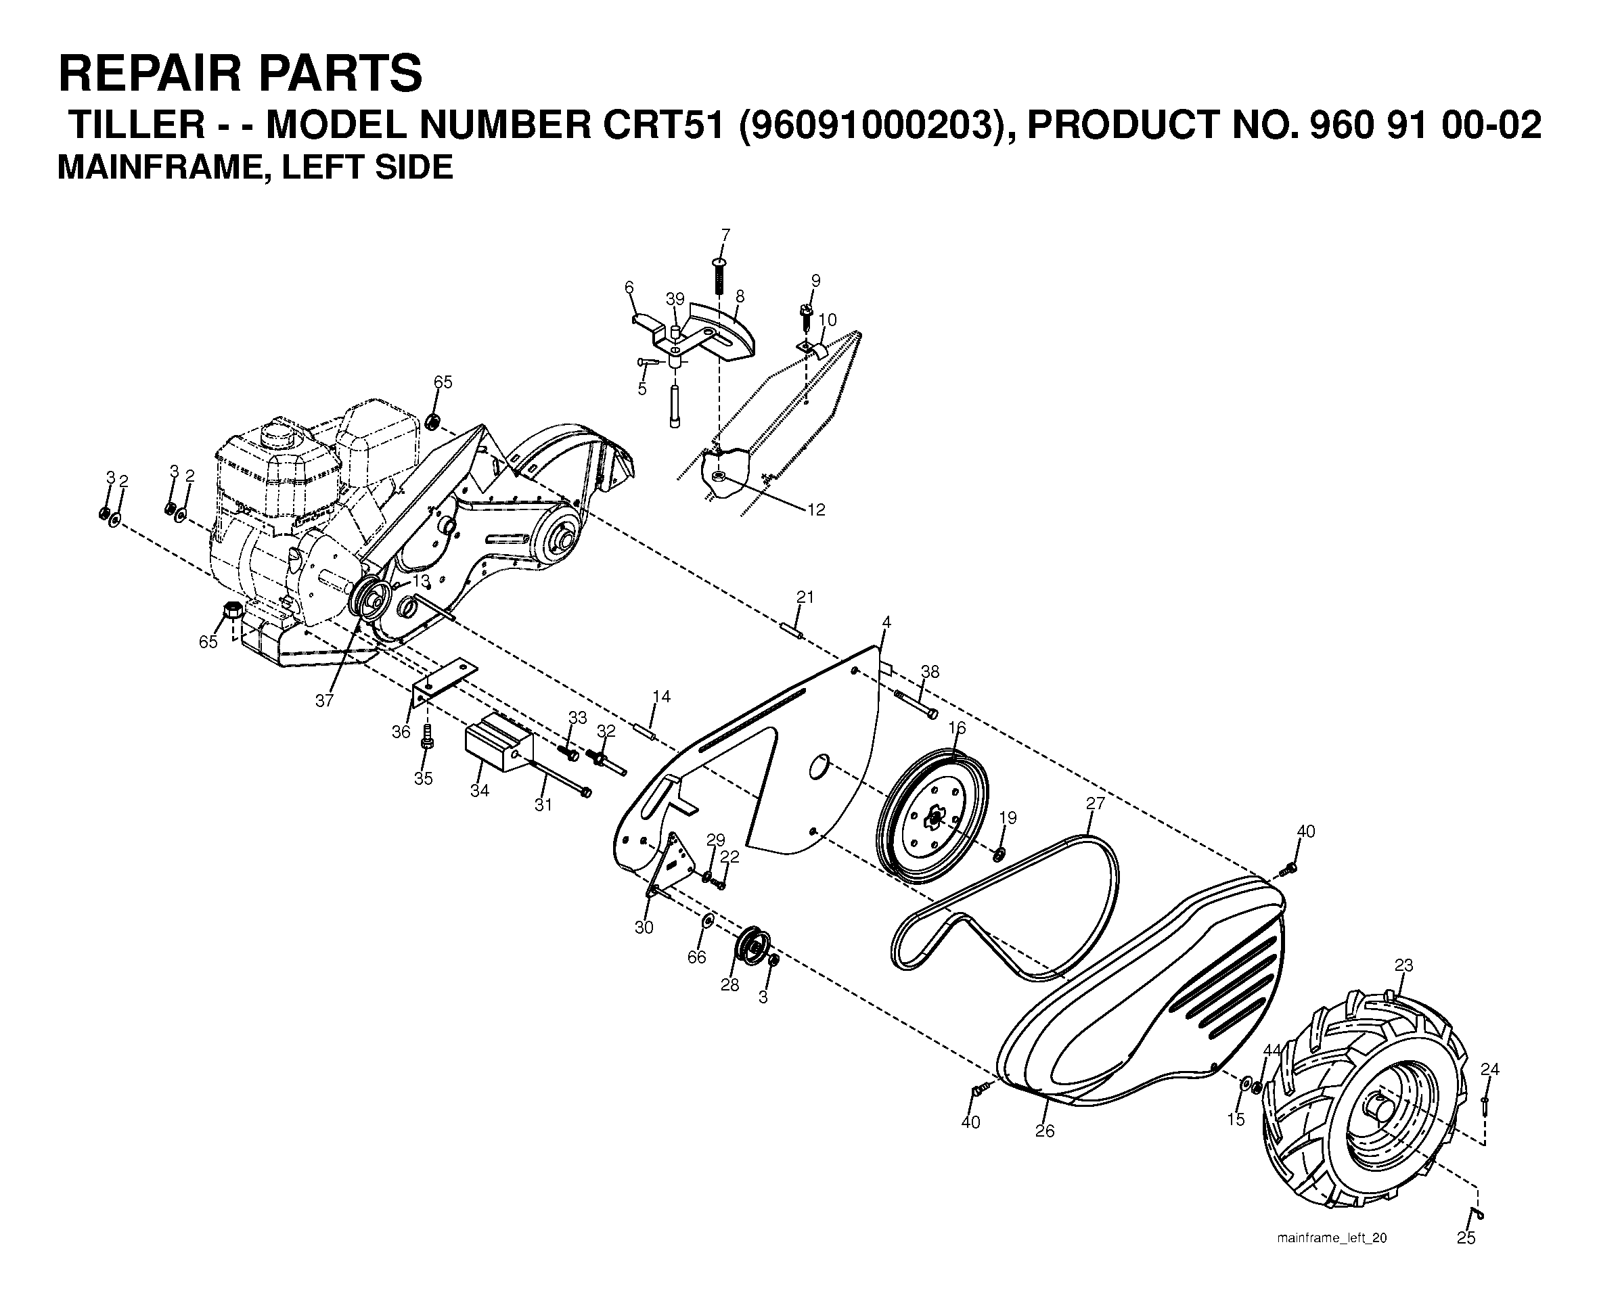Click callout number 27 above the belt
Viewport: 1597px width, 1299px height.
(1095, 804)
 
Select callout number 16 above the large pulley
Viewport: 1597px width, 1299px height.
(956, 728)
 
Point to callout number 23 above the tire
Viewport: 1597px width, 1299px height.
(1403, 965)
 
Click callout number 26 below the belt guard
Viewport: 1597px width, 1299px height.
(1045, 1131)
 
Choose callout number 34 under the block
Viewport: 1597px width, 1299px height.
(480, 790)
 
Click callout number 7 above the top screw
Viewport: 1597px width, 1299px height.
(725, 235)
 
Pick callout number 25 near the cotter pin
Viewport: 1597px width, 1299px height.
(1466, 1238)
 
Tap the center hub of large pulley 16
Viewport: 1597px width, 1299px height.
(933, 820)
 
